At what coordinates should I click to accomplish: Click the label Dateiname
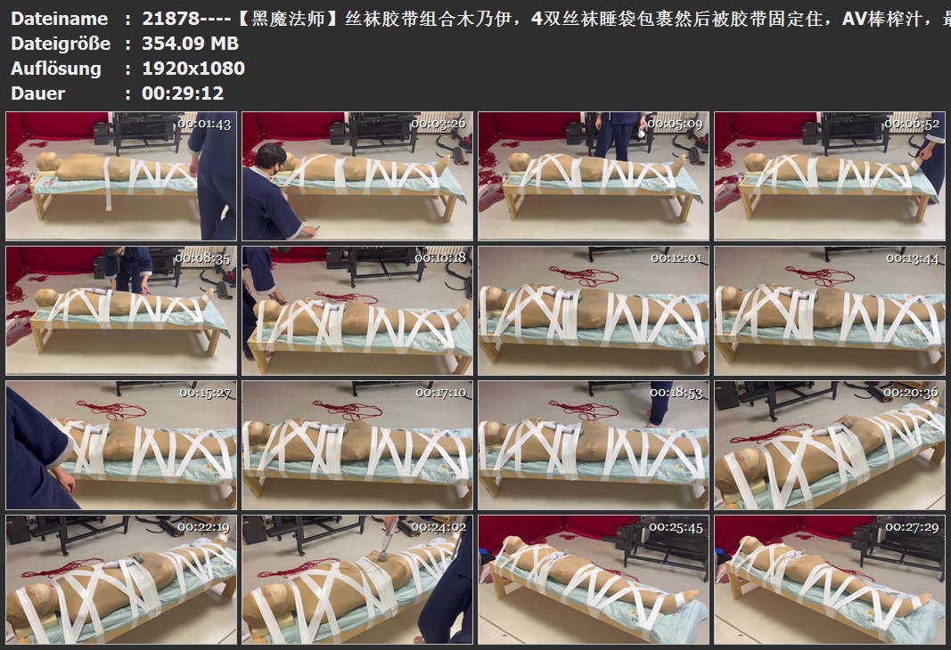(60, 19)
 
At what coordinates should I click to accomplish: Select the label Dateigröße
(61, 44)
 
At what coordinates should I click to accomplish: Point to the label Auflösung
(56, 69)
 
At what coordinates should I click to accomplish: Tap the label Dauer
(37, 93)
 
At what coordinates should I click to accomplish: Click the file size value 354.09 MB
(191, 44)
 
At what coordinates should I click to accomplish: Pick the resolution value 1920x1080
(193, 69)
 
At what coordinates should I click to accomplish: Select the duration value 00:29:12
(184, 93)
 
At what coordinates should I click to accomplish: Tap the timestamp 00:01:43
(204, 124)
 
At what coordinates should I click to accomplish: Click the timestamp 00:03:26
(439, 124)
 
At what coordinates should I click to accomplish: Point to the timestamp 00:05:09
(675, 124)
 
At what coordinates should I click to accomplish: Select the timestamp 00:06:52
(912, 124)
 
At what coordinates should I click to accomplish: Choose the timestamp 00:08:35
(202, 259)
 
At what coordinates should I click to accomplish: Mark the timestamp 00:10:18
(440, 258)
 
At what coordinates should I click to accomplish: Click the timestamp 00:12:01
(676, 258)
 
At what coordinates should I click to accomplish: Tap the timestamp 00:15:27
(205, 394)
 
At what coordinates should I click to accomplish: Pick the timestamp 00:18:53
(676, 394)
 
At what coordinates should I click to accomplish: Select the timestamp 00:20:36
(911, 393)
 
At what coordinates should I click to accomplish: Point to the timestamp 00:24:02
(439, 528)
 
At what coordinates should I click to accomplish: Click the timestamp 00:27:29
(912, 528)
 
